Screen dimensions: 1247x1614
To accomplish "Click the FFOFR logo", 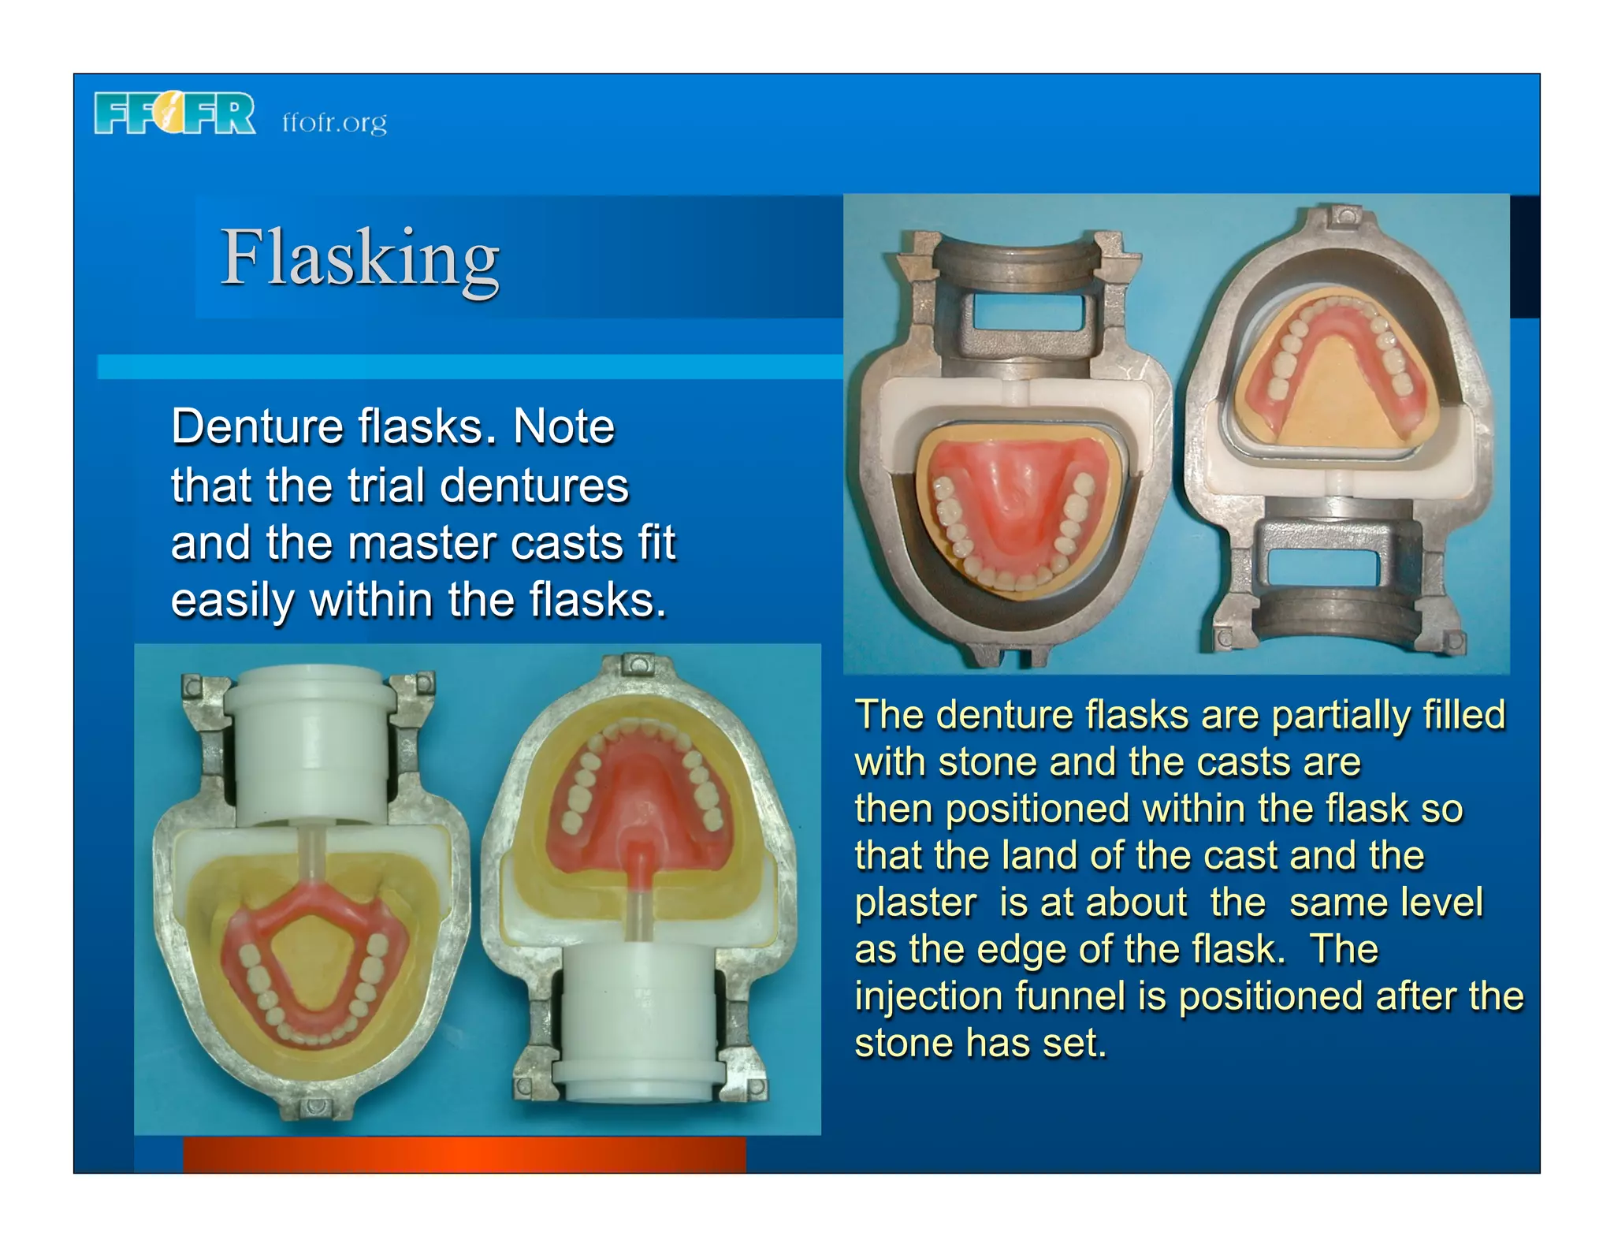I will coord(175,114).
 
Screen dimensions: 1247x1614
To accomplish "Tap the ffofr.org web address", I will coord(335,123).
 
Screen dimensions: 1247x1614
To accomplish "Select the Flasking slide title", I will coord(359,259).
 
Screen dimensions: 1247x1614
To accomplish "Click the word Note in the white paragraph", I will coord(563,427).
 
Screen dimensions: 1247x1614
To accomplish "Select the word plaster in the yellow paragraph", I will coord(915,903).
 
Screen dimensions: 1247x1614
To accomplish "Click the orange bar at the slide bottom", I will coord(464,1155).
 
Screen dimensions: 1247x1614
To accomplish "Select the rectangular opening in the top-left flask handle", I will coord(1024,312).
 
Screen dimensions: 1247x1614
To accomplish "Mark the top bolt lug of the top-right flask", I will coord(1345,215).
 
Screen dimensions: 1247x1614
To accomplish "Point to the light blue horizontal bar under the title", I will coord(469,367).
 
